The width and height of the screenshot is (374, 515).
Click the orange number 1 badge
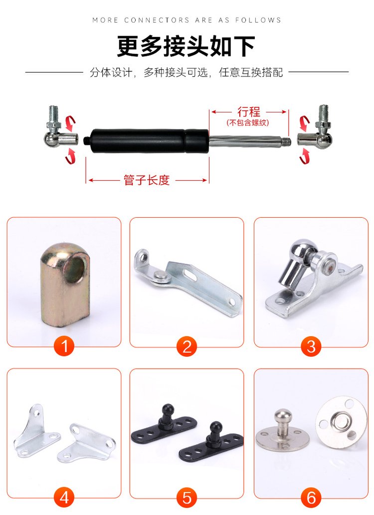coord(64,346)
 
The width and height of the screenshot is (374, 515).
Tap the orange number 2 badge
coord(187,346)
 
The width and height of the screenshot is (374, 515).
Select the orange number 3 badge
coord(311,346)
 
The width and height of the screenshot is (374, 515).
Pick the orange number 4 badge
coord(64,497)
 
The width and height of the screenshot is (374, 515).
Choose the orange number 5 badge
coord(187,497)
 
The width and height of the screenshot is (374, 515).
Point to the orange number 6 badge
coord(311,497)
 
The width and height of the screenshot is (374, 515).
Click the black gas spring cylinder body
coord(149,141)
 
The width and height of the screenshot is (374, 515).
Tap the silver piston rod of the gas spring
coord(246,141)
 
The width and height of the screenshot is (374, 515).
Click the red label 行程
coord(249,112)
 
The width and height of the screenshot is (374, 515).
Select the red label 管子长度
coord(147,180)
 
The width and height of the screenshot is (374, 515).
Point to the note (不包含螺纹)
coord(248,123)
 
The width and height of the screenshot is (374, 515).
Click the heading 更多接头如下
coord(186,46)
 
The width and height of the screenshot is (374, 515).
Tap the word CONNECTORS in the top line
coord(157,20)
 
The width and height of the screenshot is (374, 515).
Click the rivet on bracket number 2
coord(161,276)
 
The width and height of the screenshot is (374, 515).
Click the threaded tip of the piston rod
coord(287,141)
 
